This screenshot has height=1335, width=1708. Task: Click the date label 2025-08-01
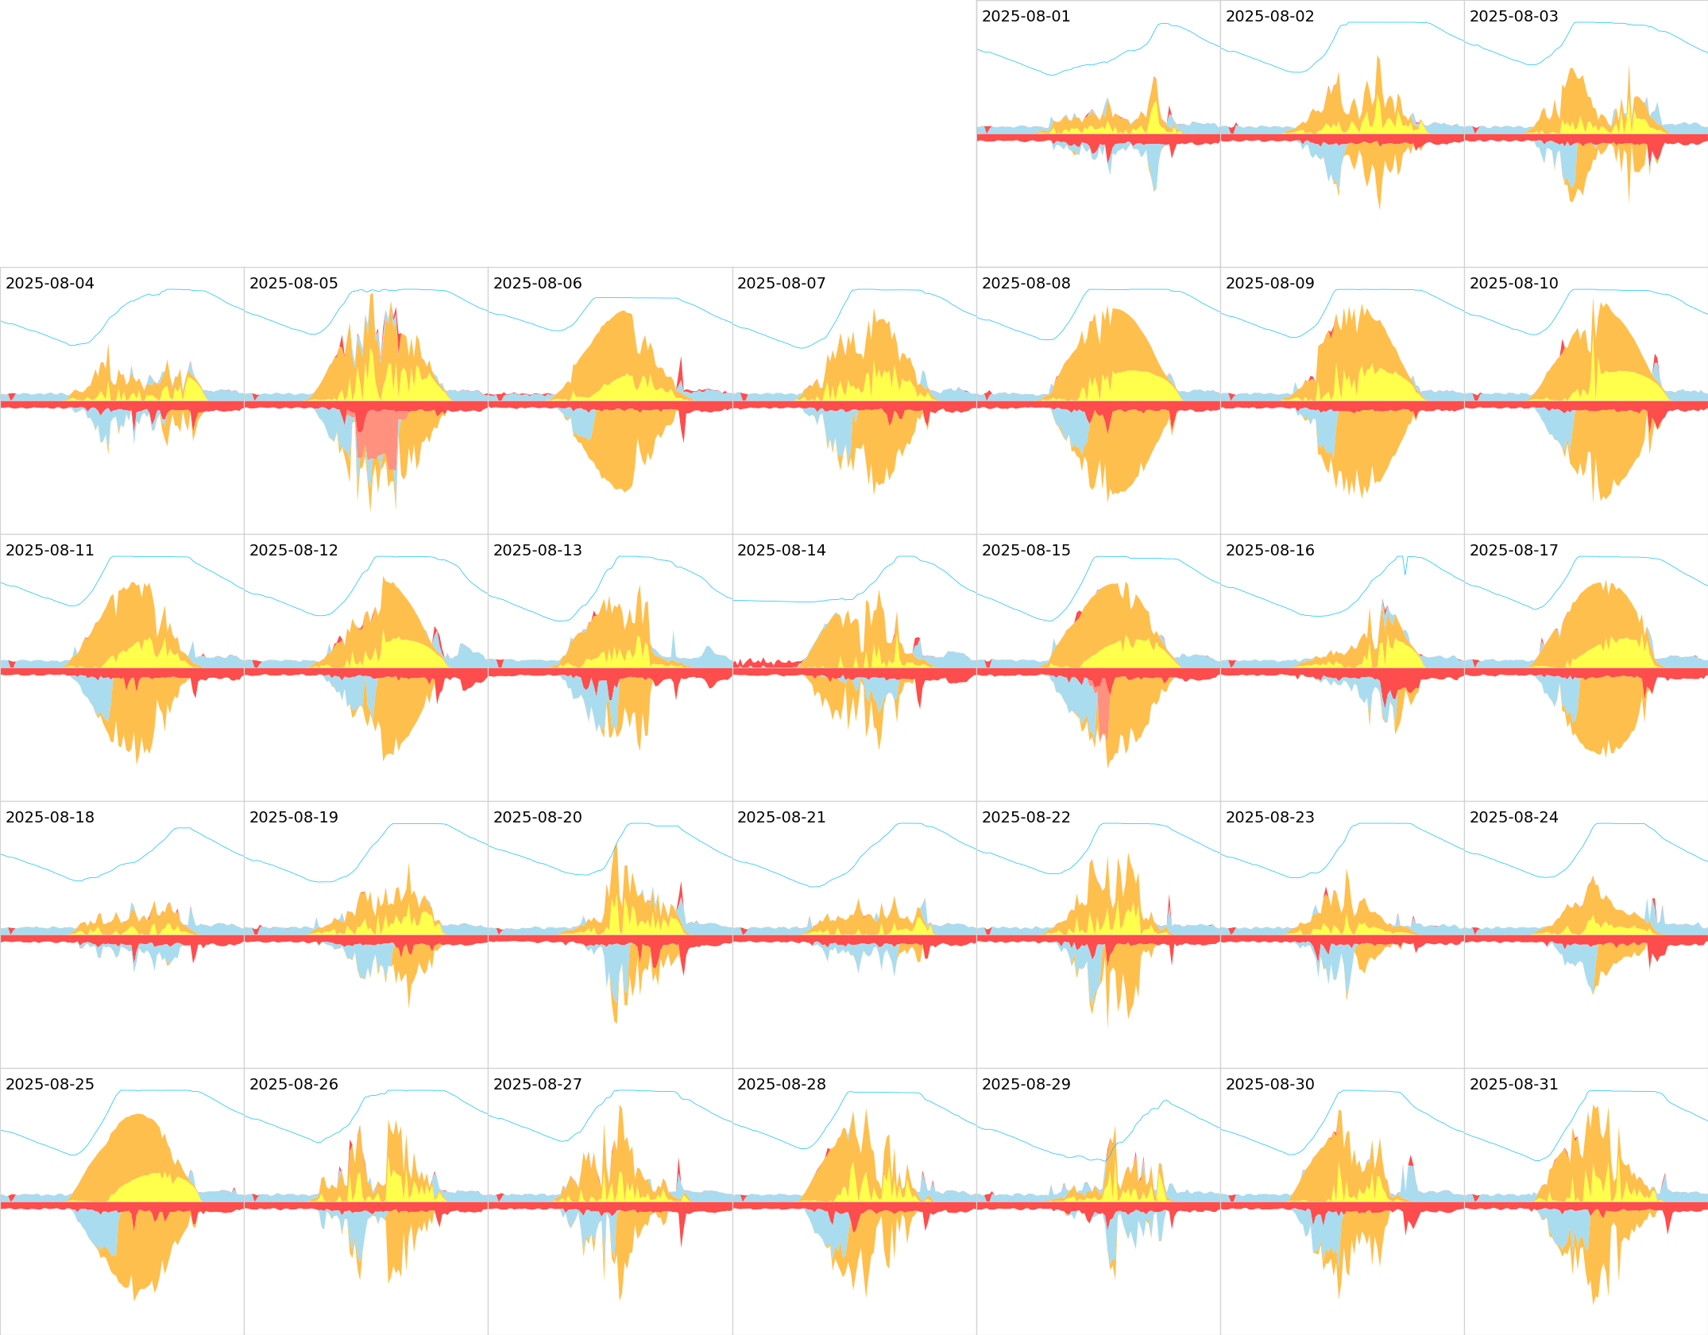[1026, 17]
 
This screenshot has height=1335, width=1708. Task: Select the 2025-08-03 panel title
[1513, 17]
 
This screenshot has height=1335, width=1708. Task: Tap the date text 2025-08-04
[49, 284]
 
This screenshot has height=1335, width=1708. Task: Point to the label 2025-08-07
[781, 284]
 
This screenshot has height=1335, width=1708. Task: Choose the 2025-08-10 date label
[1513, 284]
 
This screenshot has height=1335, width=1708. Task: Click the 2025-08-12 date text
[293, 551]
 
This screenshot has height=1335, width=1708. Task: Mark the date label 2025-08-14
[781, 551]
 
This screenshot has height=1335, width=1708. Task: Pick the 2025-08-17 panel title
[1513, 551]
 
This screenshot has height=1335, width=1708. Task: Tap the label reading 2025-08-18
[49, 818]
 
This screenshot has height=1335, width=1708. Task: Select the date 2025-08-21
[781, 818]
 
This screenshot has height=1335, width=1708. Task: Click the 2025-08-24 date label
[1513, 818]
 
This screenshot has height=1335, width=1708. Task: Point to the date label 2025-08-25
[49, 1085]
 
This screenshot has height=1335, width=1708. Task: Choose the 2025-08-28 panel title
[781, 1085]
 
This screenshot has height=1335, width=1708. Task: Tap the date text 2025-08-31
[1513, 1085]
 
